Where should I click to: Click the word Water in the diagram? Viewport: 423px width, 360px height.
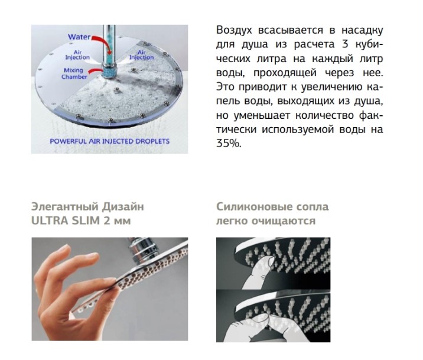[x=79, y=37]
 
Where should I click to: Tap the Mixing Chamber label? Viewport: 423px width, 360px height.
[x=74, y=73]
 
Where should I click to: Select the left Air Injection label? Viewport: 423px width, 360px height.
[x=77, y=55]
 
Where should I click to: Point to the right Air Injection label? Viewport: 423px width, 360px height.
[x=141, y=55]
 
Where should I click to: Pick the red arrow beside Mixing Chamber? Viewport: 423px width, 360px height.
[x=96, y=72]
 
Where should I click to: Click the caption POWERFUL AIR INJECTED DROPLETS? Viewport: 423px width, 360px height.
[x=110, y=141]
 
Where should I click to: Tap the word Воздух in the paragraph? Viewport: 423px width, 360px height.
[x=233, y=30]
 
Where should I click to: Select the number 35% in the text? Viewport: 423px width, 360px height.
[x=228, y=144]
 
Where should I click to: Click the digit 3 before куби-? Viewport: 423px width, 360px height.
[x=345, y=44]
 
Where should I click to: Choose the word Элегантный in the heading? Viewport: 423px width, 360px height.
[x=65, y=207]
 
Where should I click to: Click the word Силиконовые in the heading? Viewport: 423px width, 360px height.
[x=250, y=207]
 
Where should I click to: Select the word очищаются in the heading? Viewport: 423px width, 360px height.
[x=284, y=221]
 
